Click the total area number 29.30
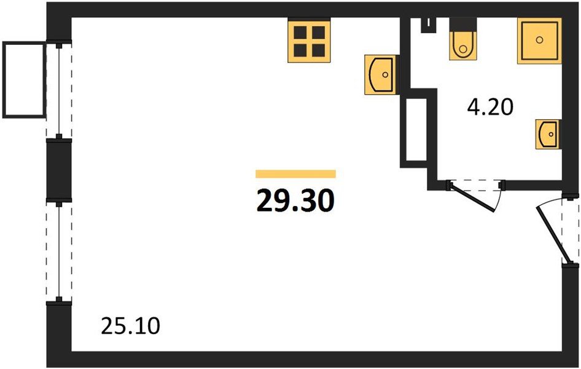(295, 200)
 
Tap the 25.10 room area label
(130, 327)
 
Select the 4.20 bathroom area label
(490, 108)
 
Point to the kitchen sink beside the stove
(381, 74)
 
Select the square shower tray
(539, 41)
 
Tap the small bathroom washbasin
(547, 134)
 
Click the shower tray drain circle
(539, 39)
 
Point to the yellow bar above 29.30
(295, 174)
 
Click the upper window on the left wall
(59, 90)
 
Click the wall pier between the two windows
(59, 170)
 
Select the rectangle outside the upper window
(24, 80)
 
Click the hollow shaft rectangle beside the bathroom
(416, 129)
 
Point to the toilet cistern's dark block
(462, 24)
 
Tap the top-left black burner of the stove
(300, 33)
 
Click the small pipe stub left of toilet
(429, 25)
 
